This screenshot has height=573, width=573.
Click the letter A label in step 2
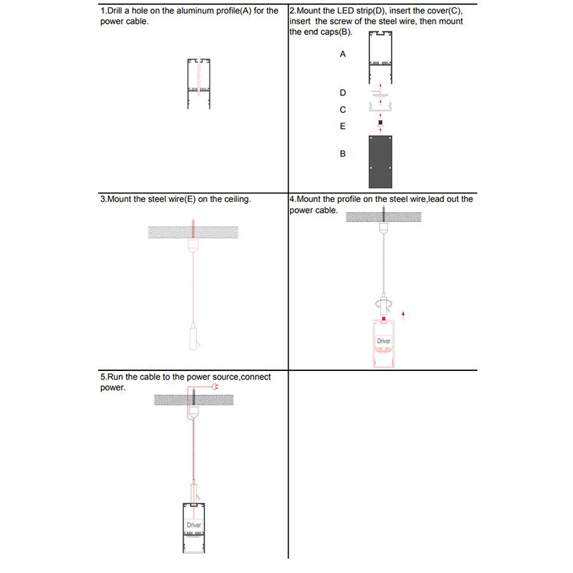pyautogui.click(x=342, y=54)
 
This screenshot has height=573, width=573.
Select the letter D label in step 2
pyautogui.click(x=342, y=93)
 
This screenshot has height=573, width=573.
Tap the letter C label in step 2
pyautogui.click(x=342, y=110)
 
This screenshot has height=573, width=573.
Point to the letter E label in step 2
pyautogui.click(x=342, y=126)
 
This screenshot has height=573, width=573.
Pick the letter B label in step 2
pyautogui.click(x=342, y=154)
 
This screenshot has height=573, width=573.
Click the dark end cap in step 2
pyautogui.click(x=380, y=162)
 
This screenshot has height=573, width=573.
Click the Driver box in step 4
pyautogui.click(x=384, y=341)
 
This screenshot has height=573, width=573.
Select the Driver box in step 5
pyautogui.click(x=193, y=525)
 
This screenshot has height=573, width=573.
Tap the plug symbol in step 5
pyautogui.click(x=216, y=386)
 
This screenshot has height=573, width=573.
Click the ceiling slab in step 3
pyautogui.click(x=193, y=232)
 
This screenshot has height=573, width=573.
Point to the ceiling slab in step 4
pyautogui.click(x=383, y=217)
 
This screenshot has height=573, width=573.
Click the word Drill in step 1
pyautogui.click(x=115, y=11)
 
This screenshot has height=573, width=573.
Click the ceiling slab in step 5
pyautogui.click(x=193, y=400)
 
